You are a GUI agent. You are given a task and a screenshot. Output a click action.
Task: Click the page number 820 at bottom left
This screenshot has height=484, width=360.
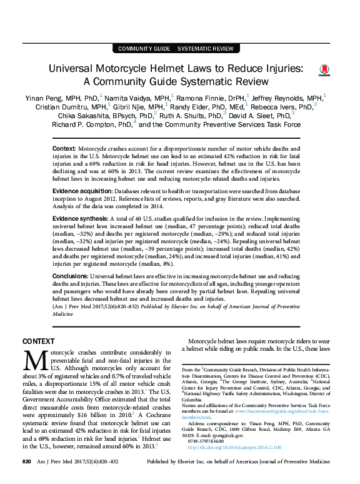26,478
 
